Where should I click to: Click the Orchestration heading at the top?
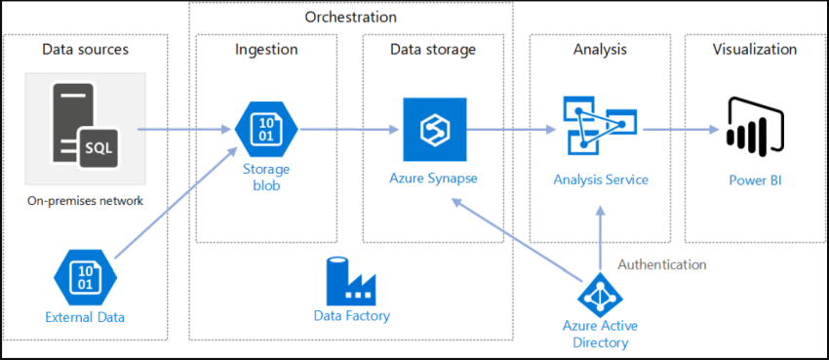(x=350, y=18)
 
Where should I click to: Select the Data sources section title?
(x=85, y=49)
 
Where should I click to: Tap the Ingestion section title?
(x=266, y=49)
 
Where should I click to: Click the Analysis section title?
(x=600, y=49)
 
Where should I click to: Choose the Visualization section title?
(x=755, y=49)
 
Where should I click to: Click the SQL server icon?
(x=85, y=128)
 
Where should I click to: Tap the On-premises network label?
(x=85, y=202)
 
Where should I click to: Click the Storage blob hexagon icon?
(x=266, y=129)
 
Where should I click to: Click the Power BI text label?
(x=755, y=180)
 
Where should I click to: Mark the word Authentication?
(x=662, y=264)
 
